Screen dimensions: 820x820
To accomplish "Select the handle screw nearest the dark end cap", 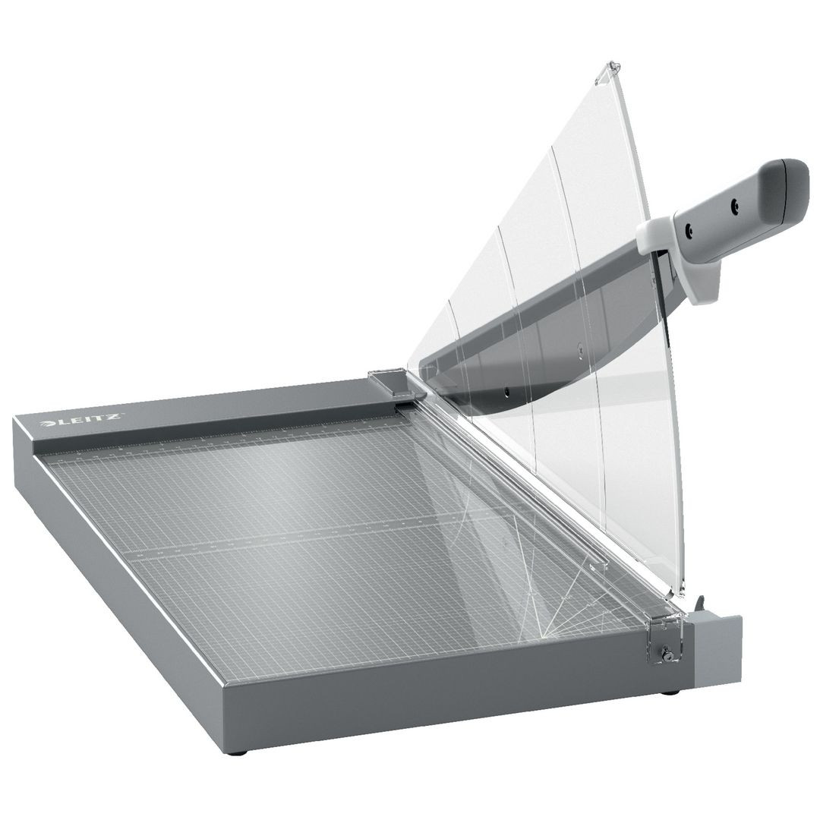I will coord(733,205).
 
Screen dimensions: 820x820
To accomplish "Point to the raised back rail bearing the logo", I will coord(228,414).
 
